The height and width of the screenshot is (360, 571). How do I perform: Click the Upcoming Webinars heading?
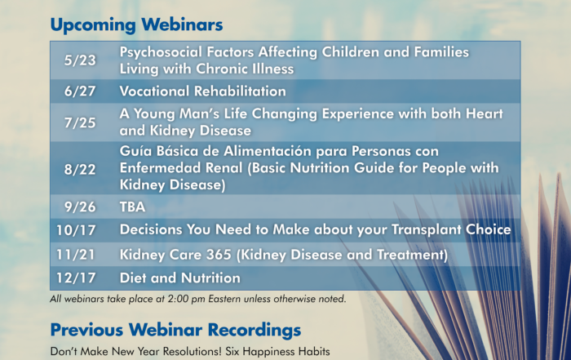coord(136,25)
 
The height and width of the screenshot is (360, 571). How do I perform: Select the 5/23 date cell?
coord(80,60)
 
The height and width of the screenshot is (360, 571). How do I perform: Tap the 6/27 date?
coord(80,91)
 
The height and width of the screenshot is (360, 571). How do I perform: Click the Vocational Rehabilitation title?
coord(203,91)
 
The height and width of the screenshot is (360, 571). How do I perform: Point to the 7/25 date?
coord(80,122)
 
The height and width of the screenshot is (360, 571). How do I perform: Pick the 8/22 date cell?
coord(80,170)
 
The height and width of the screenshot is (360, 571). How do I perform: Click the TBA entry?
coord(132,207)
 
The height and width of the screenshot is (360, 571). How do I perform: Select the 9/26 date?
coord(80,207)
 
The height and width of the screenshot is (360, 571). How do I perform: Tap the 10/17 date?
coord(76,230)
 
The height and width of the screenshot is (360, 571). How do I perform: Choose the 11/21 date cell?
coord(76,255)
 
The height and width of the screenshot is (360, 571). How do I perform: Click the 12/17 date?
coord(76,278)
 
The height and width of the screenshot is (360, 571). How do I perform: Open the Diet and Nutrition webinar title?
coord(180,278)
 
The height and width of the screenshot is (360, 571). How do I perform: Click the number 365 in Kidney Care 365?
coord(219,255)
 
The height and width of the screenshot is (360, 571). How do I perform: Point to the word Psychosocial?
coord(161,52)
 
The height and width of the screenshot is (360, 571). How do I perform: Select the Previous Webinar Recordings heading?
coord(175,330)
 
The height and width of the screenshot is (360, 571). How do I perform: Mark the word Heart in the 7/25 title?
coord(485,113)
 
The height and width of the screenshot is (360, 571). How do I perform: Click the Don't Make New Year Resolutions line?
coord(190,352)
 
